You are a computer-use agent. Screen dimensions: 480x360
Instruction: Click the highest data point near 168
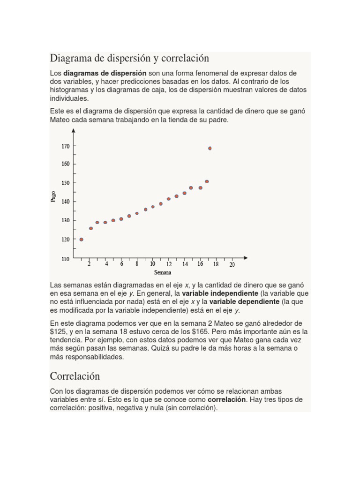[210, 148]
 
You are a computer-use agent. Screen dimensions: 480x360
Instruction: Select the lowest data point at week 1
[81, 240]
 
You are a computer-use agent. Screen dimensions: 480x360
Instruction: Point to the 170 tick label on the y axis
[65, 146]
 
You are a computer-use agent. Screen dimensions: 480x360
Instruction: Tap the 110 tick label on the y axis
[65, 258]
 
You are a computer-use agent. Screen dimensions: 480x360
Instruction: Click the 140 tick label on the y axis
[65, 202]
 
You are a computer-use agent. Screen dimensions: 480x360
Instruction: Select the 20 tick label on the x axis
[232, 264]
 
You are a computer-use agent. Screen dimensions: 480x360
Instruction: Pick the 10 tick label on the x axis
[152, 264]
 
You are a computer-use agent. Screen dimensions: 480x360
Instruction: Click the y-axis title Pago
[53, 196]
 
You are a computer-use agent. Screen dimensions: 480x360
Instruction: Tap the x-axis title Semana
[163, 272]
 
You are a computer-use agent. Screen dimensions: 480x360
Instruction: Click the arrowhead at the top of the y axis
[74, 131]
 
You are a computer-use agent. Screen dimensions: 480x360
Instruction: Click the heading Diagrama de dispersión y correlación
[129, 59]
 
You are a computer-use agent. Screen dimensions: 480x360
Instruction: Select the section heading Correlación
[75, 376]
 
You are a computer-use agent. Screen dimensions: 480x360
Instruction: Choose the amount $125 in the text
[57, 332]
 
